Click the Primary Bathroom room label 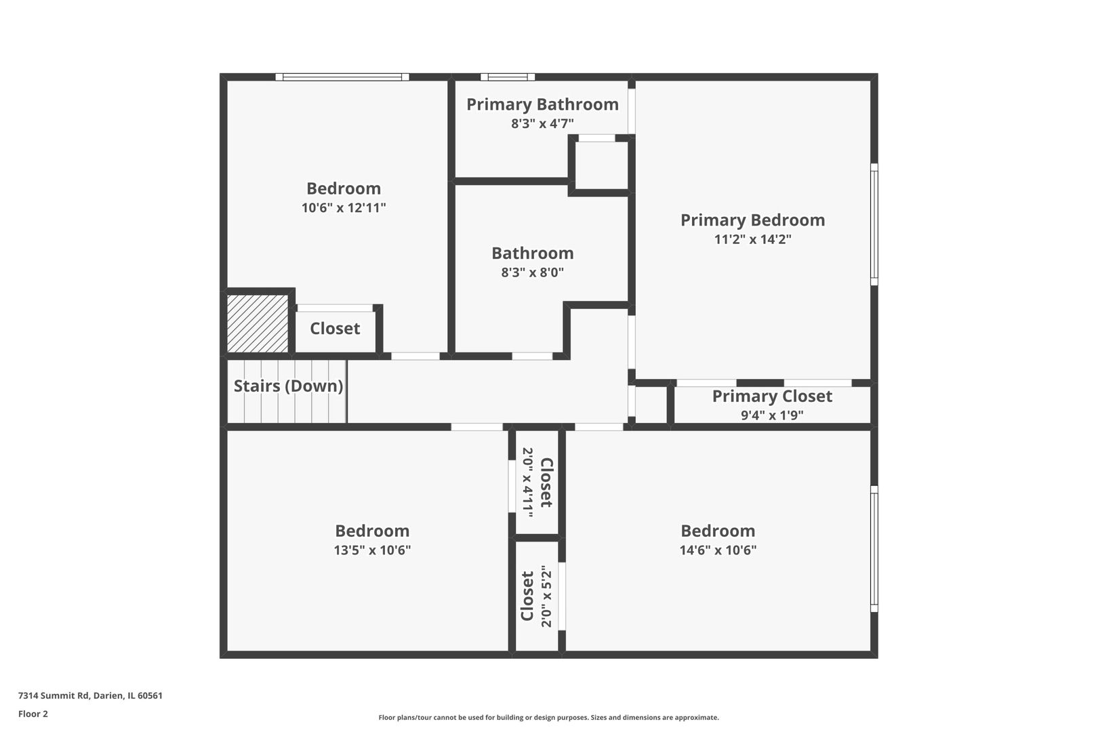click(542, 104)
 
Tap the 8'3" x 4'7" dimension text click(542, 124)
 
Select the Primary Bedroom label click(752, 220)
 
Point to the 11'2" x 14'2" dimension click(752, 239)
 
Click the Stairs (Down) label click(288, 386)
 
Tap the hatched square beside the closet click(258, 323)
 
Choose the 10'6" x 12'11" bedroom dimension click(344, 208)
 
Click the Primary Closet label click(772, 396)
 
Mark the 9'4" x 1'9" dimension click(772, 415)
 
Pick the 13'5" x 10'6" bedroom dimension click(372, 550)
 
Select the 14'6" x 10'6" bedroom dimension click(718, 550)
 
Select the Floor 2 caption click(33, 714)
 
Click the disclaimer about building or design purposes click(548, 717)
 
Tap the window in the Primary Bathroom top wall click(508, 77)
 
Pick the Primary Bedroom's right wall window click(874, 224)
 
